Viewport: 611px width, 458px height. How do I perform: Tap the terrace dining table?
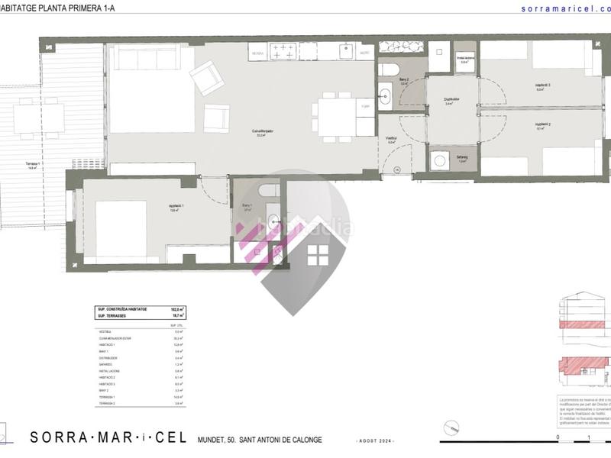click(42, 119)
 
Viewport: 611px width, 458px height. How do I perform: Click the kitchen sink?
click(344, 51)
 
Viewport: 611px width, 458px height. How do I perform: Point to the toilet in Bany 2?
click(387, 69)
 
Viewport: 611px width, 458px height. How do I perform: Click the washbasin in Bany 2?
click(386, 96)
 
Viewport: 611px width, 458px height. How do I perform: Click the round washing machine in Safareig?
click(439, 160)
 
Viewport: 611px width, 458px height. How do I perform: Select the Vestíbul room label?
click(391, 138)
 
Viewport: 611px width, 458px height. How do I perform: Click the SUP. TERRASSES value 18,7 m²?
click(177, 314)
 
